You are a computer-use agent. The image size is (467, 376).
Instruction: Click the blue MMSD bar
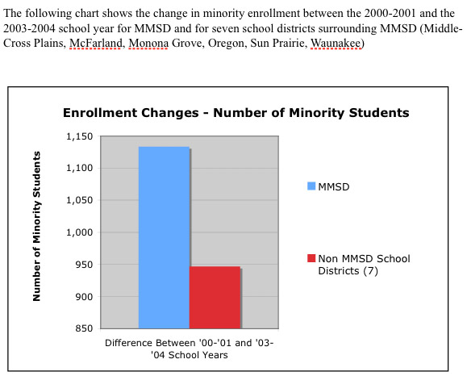point(164,237)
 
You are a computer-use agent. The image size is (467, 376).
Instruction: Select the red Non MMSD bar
point(215,298)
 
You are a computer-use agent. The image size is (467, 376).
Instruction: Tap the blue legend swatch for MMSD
point(311,186)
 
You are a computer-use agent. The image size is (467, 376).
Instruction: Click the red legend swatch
point(311,258)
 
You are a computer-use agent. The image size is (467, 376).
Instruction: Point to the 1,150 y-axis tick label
point(80,136)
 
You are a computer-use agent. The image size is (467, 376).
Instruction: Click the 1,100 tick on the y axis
point(80,168)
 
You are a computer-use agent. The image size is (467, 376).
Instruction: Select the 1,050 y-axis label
point(80,200)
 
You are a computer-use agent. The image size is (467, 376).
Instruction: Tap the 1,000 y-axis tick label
point(80,232)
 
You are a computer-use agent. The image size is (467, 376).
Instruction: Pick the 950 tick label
point(85,265)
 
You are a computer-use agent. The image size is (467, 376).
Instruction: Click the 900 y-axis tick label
point(85,296)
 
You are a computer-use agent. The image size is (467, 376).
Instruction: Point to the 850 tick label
point(85,328)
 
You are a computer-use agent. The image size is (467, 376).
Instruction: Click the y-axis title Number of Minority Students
point(36,227)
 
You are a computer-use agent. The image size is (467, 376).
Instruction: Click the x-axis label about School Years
point(190,349)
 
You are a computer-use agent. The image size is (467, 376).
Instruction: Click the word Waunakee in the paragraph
point(336,44)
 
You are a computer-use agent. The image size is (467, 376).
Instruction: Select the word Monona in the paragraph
point(148,44)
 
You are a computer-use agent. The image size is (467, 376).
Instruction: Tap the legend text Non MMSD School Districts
point(364,265)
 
